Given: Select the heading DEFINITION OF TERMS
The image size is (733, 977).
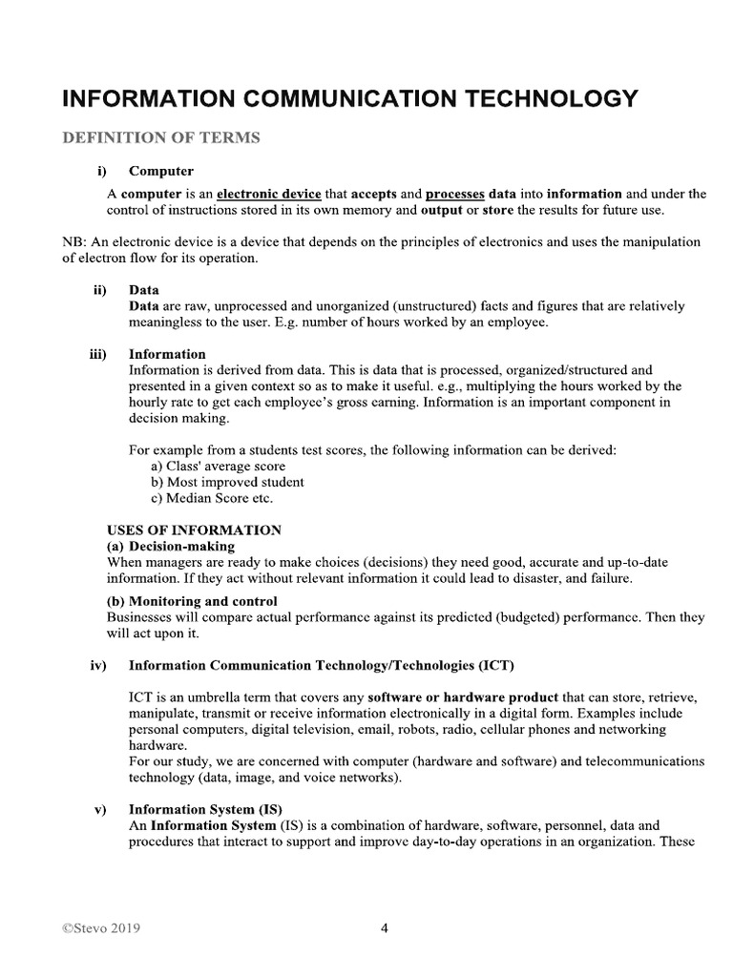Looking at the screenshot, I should click(160, 138).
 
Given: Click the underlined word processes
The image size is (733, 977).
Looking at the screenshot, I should click(455, 194).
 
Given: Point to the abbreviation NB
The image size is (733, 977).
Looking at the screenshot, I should click(71, 242).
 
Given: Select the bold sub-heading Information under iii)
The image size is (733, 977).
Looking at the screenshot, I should click(167, 354).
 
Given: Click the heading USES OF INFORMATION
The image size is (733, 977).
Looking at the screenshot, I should click(194, 530).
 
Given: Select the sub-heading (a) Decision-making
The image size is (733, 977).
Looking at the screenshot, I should click(170, 546).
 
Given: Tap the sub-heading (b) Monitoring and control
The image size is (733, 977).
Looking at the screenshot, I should click(192, 601).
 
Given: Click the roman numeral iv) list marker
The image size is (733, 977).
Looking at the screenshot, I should click(98, 664).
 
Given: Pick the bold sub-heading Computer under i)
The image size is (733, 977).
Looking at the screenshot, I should click(161, 172).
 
